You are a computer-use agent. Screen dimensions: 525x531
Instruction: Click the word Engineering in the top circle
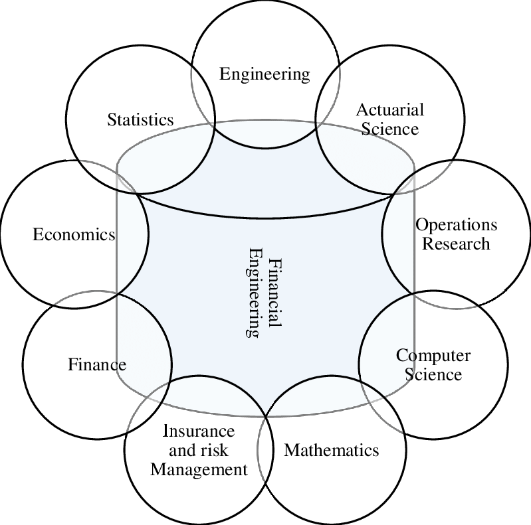coord(265,74)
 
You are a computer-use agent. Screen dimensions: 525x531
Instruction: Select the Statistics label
coord(140,119)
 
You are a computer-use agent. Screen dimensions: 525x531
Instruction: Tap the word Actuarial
coord(389,110)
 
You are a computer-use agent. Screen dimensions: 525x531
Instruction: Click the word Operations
coord(456,225)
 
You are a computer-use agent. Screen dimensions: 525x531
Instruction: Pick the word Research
coord(456,243)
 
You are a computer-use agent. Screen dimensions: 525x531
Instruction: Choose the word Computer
coord(433,356)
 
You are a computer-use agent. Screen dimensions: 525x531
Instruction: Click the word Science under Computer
coord(433,374)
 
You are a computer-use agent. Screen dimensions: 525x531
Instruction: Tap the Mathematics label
coord(332,451)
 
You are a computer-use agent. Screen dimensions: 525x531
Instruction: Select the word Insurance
coord(199,431)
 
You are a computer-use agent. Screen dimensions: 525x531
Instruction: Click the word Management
coord(199,470)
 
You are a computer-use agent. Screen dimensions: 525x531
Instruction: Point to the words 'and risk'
coord(199,451)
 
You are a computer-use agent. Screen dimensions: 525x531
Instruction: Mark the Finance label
coord(97,364)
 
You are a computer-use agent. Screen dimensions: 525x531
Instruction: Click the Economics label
coord(74,234)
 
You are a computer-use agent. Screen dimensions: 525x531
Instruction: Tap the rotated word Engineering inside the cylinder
coord(254,293)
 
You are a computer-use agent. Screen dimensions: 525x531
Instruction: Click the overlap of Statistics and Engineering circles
coord(203,93)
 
